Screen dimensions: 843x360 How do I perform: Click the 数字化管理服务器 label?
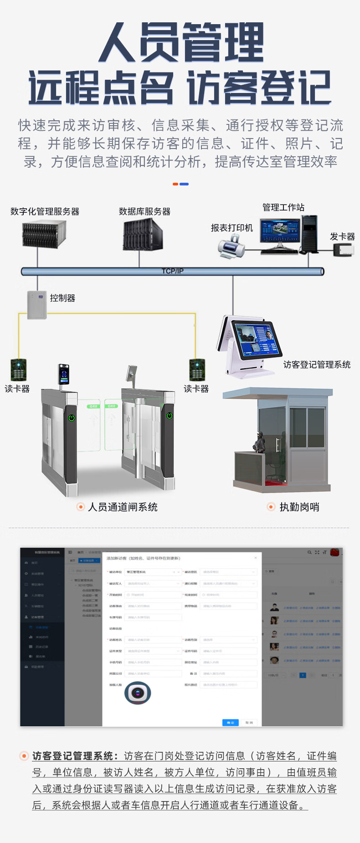[x=45, y=211]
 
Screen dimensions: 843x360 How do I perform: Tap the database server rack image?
[x=143, y=234]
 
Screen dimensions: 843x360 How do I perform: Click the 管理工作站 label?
[x=283, y=207]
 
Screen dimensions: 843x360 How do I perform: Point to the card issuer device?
[x=344, y=250]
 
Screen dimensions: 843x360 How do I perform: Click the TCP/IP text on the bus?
[x=172, y=271]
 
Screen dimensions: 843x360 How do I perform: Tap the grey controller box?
[x=37, y=304]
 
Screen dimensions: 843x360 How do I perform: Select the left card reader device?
[x=18, y=370]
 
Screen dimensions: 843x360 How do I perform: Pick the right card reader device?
[x=197, y=370]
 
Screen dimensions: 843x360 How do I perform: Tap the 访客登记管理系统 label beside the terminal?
[x=317, y=365]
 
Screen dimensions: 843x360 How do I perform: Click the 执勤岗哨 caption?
[x=299, y=507]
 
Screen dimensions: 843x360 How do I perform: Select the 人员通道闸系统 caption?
[x=123, y=507]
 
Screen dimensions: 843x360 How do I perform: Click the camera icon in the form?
[x=138, y=693]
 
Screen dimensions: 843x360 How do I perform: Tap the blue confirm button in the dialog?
[x=230, y=722]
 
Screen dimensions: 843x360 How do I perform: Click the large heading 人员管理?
[x=181, y=43]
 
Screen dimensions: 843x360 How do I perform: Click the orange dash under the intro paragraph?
[x=175, y=184]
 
